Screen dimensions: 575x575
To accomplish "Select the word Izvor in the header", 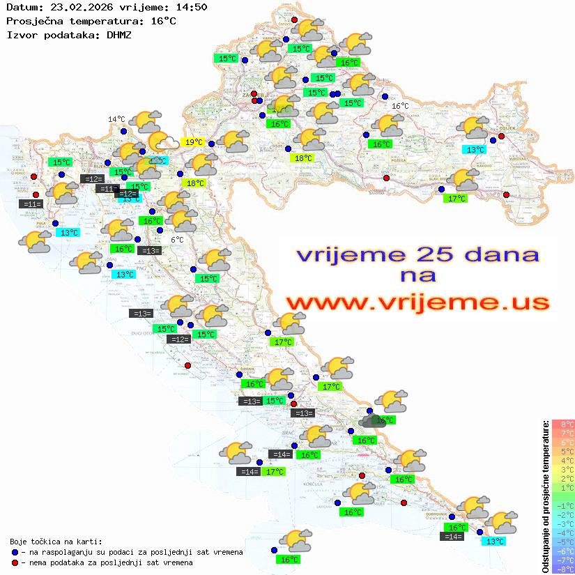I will [21, 34].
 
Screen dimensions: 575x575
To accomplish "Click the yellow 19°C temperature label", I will [193, 142].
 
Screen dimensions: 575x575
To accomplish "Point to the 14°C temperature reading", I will [116, 119].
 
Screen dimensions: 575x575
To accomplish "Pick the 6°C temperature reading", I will [177, 240].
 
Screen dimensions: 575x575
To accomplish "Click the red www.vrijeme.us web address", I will [417, 302].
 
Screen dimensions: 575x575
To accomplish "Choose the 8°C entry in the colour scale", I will [562, 424].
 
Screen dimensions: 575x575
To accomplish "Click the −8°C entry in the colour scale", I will [562, 569].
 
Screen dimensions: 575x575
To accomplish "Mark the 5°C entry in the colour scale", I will [562, 451].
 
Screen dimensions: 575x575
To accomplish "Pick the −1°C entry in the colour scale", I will [562, 505].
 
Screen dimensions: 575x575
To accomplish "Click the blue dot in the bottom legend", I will [15, 552].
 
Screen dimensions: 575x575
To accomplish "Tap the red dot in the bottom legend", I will [15, 562].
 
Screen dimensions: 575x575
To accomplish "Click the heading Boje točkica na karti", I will [56, 541].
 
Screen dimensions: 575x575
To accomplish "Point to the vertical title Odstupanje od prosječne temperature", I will [544, 496].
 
